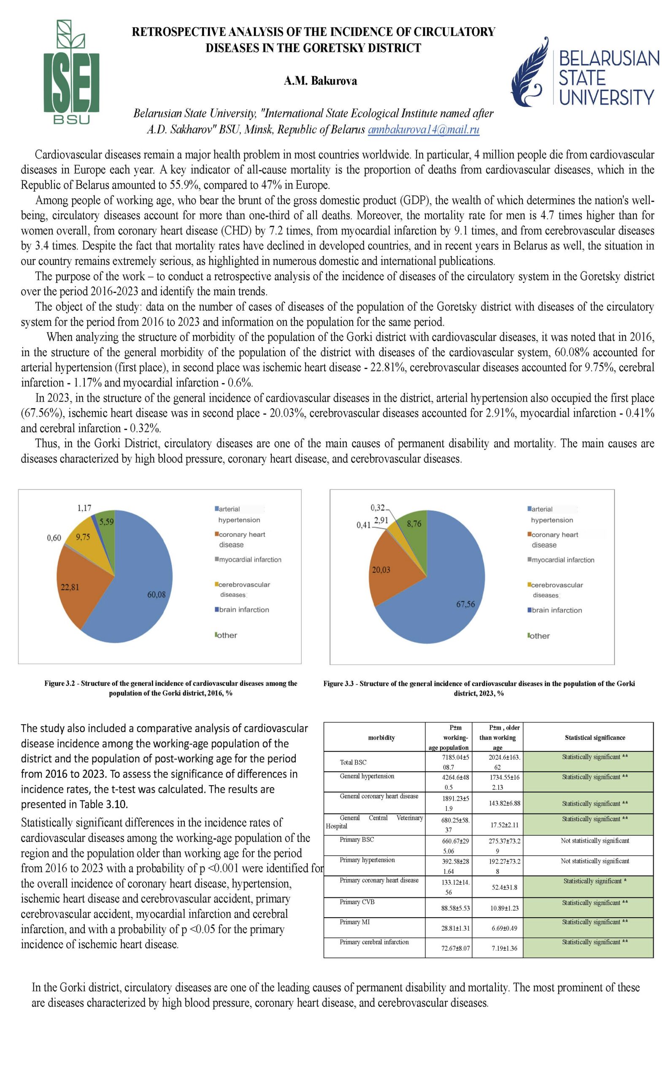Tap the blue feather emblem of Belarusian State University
click(x=531, y=72)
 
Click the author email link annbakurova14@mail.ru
click(x=423, y=129)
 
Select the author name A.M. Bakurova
click(x=320, y=81)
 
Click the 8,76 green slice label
click(x=414, y=523)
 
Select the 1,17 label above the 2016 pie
click(x=84, y=508)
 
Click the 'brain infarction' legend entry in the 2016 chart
click(x=243, y=610)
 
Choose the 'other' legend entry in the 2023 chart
click(x=540, y=636)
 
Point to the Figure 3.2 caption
click(x=170, y=688)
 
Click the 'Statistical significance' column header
click(x=595, y=738)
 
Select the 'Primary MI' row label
click(x=354, y=922)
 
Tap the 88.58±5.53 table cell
click(x=455, y=907)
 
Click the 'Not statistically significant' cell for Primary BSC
click(x=595, y=840)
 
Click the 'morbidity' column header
click(x=381, y=738)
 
